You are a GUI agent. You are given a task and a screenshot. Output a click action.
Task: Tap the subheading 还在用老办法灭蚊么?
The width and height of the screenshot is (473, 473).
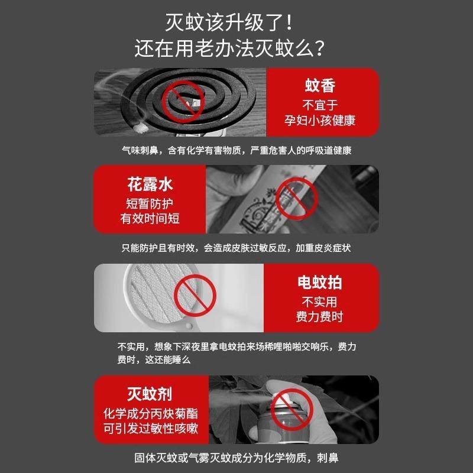(236, 47)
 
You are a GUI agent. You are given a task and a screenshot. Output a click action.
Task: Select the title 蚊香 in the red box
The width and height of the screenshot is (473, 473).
(320, 86)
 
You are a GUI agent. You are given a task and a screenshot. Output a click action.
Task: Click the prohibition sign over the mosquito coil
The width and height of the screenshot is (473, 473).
(180, 101)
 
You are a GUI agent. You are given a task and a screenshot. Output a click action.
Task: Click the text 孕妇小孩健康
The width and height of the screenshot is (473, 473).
(320, 122)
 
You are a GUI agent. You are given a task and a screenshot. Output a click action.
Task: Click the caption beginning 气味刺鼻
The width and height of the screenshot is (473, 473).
(236, 150)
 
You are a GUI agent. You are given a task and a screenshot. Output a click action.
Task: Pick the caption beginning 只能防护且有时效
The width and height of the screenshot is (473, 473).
(236, 248)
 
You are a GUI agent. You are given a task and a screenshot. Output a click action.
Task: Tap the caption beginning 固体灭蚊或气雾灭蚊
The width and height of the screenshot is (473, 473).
(236, 458)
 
